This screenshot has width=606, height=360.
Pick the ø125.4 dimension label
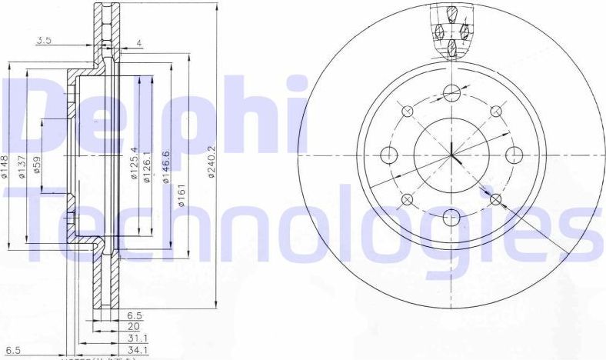[134, 163]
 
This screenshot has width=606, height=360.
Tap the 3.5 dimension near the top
[43, 42]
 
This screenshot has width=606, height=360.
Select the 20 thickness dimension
[134, 325]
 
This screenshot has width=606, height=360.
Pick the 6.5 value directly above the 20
[134, 315]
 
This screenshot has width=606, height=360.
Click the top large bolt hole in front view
[452, 94]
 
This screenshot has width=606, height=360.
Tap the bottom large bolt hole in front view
[452, 218]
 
